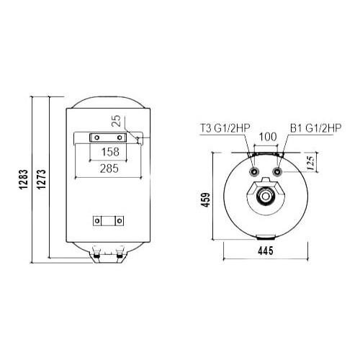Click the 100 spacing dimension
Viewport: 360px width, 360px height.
[267, 136]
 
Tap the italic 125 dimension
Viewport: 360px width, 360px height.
[308, 162]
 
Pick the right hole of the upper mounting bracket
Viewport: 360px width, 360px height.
[118, 138]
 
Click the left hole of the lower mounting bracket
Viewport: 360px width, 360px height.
[99, 221]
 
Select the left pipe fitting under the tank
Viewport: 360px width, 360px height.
[96, 253]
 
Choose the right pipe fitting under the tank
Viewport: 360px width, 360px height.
[117, 253]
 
